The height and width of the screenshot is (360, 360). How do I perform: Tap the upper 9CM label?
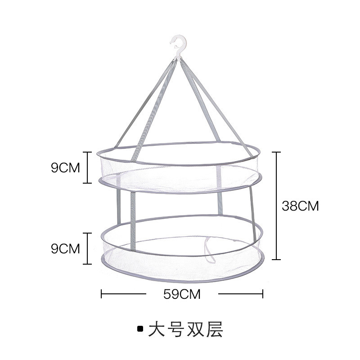click(x=65, y=168)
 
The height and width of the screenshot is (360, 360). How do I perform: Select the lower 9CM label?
click(x=65, y=248)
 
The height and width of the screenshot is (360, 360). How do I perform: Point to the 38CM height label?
click(x=300, y=206)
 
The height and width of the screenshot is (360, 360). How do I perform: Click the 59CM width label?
click(x=182, y=295)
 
